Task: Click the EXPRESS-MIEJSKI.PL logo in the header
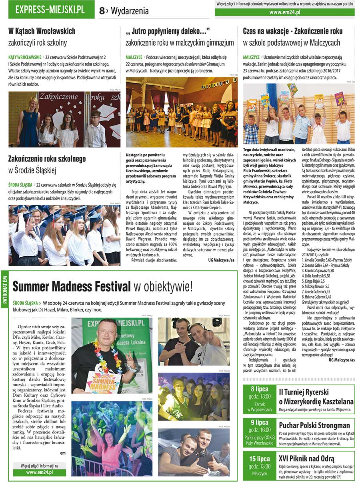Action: [x=50, y=10]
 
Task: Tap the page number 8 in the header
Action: [x=102, y=11]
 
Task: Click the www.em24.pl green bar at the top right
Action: [x=284, y=12]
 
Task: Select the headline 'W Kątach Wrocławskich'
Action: [x=42, y=31]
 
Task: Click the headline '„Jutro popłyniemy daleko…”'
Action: [x=168, y=31]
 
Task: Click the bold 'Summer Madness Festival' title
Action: [x=72, y=286]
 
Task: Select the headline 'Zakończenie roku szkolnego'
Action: [x=47, y=159]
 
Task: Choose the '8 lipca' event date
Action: [x=259, y=389]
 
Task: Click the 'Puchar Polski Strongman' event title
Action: [x=314, y=425]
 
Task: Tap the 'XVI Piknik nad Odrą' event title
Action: [x=307, y=458]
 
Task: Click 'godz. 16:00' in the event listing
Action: [x=259, y=430]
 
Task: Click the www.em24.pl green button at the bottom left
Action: [x=40, y=472]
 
